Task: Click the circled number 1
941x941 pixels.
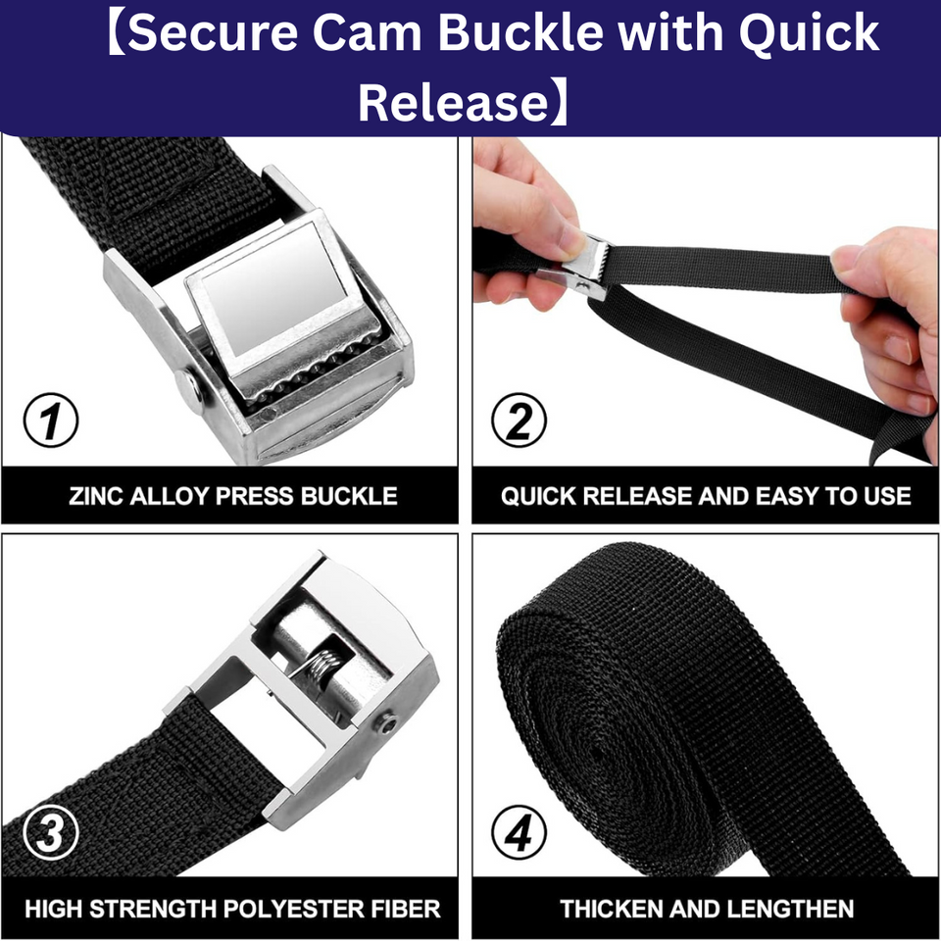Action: [51, 420]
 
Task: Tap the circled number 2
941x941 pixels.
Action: [520, 420]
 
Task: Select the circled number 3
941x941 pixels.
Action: [51, 833]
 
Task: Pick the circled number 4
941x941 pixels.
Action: [520, 833]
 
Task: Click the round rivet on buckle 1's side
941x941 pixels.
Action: [189, 388]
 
